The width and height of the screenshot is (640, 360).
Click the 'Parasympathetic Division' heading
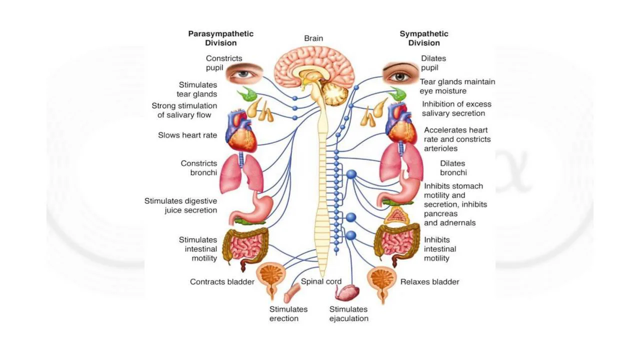pos(220,38)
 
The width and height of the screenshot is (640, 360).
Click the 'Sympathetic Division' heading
pos(423,38)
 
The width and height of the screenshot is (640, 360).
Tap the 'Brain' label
pos(313,38)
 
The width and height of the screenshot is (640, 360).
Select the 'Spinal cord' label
pos(321,281)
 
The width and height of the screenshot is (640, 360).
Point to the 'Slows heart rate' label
pos(187,135)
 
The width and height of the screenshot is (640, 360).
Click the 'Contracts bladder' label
pos(222,282)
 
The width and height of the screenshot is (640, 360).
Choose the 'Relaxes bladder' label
pos(429,282)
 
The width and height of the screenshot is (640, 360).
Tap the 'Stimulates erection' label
pos(288,313)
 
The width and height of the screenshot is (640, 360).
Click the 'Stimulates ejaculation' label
pos(348,313)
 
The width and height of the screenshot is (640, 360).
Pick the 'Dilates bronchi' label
pos(453,168)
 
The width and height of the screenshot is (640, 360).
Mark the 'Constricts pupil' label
pos(217,63)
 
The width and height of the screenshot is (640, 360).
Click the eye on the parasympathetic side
pos(243,73)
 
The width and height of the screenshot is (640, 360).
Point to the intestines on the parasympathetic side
pos(245,245)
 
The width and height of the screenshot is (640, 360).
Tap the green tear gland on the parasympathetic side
pos(246,94)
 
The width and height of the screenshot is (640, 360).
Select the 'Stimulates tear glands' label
pos(197,89)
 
